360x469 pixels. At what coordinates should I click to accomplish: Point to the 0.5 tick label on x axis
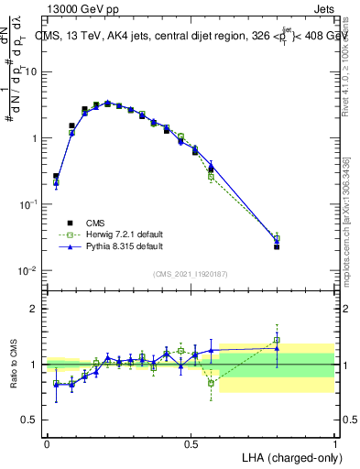tap(191, 442)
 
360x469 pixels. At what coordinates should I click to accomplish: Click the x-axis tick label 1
tap(334, 442)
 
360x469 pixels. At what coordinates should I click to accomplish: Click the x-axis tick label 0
tap(47, 442)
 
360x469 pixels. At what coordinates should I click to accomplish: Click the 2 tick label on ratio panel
tap(34, 309)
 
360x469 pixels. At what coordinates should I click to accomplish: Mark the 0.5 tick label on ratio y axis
tap(30, 420)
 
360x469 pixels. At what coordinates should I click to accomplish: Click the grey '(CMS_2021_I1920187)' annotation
tap(191, 272)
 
